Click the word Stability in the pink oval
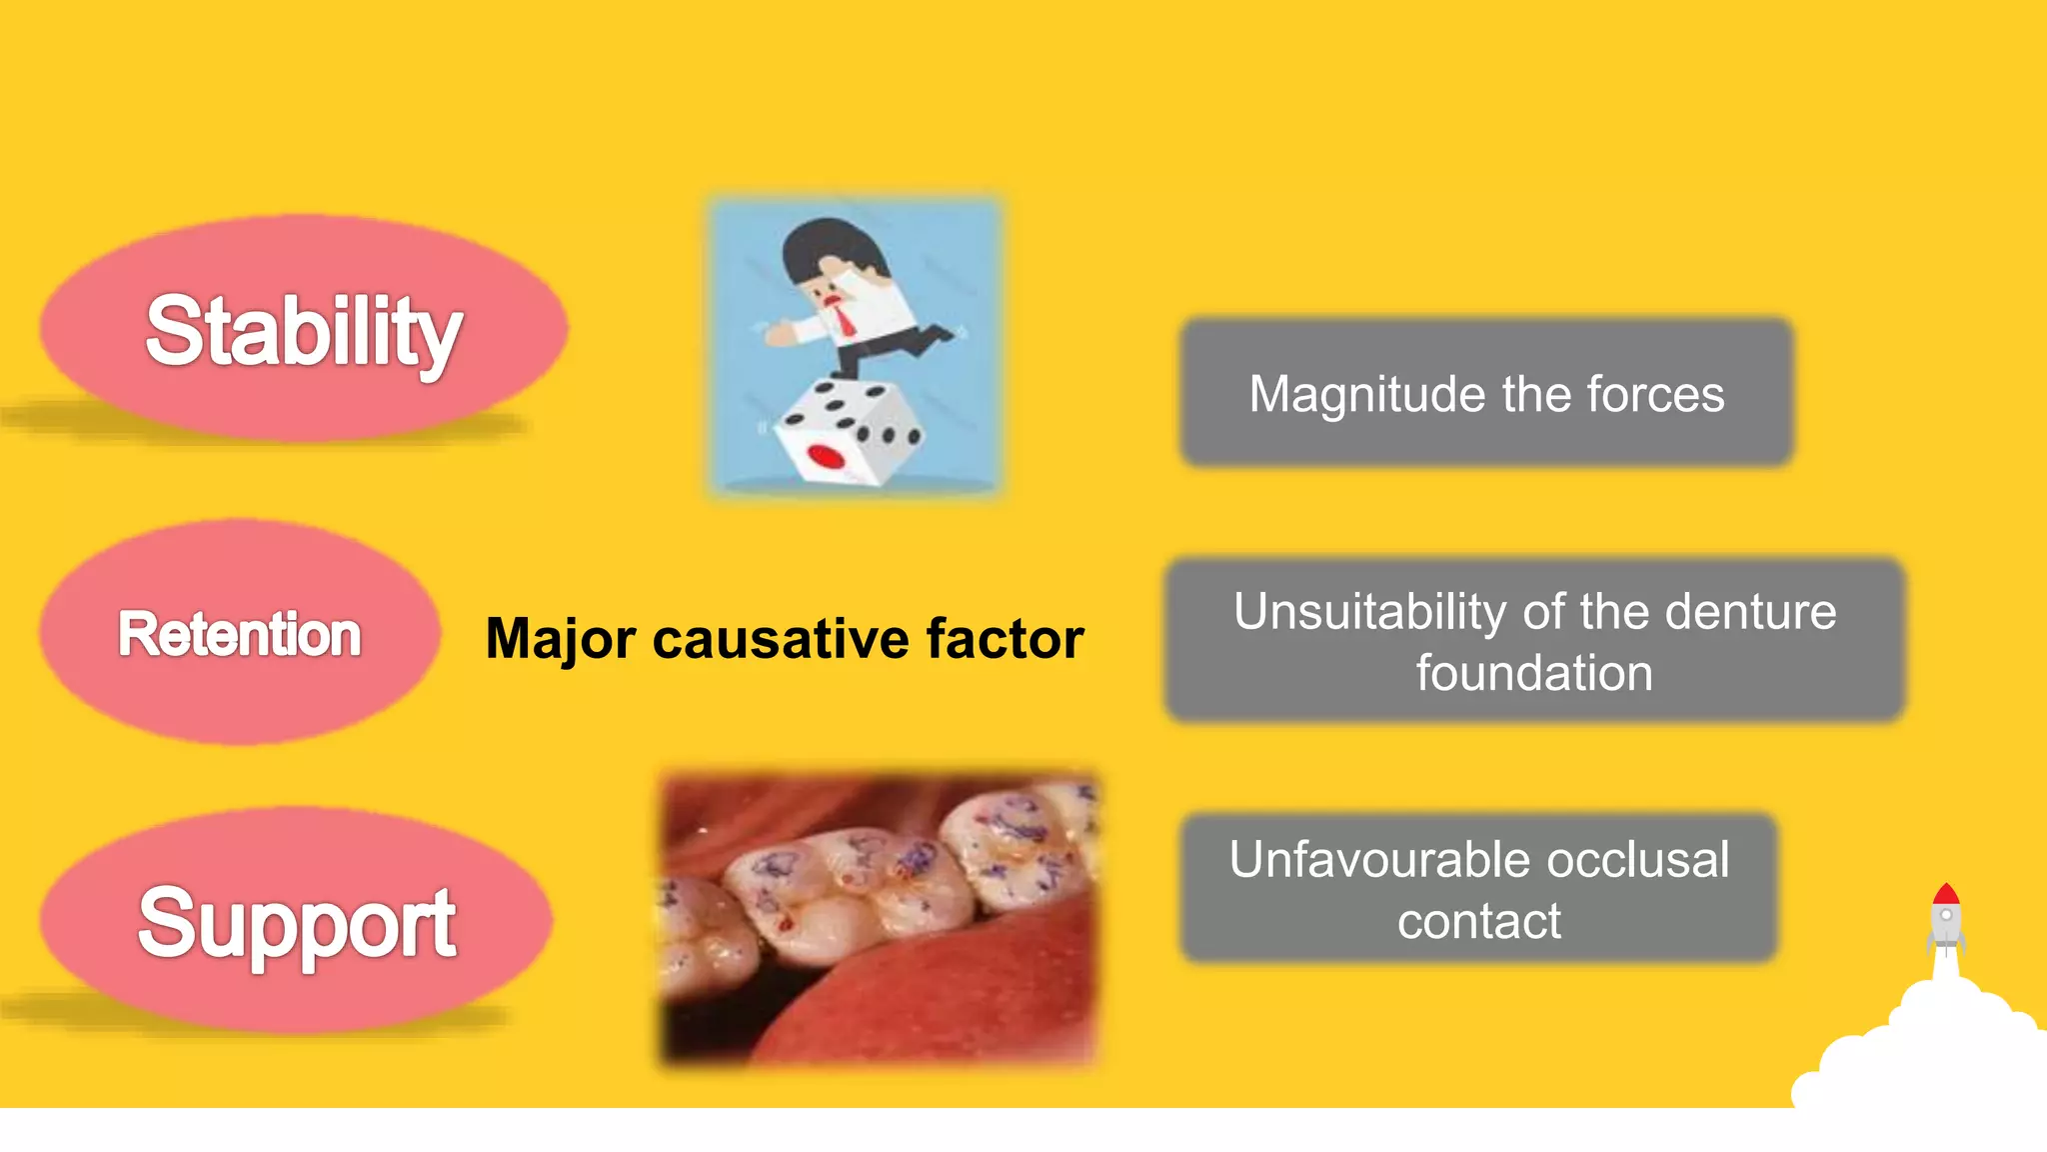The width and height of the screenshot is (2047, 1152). pyautogui.click(x=303, y=331)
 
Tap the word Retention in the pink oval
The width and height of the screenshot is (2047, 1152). pyautogui.click(x=240, y=634)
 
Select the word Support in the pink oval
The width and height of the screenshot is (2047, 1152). pyautogui.click(x=297, y=922)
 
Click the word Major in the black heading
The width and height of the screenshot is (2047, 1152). pyautogui.click(x=560, y=640)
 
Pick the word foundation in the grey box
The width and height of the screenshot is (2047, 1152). pyautogui.click(x=1534, y=673)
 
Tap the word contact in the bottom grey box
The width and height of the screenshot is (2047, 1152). pyautogui.click(x=1479, y=921)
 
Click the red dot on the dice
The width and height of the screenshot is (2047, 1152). pyautogui.click(x=826, y=457)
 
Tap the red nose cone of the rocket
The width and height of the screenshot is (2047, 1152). pyautogui.click(x=1945, y=894)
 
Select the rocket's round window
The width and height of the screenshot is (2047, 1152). pyautogui.click(x=1946, y=915)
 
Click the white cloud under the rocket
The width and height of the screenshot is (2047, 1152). pyautogui.click(x=1929, y=1050)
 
